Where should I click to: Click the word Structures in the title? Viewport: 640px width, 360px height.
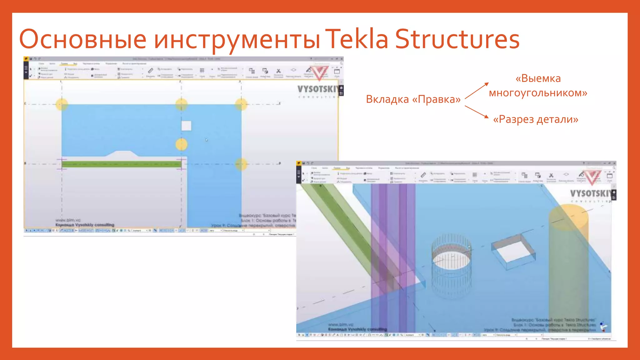pyautogui.click(x=457, y=39)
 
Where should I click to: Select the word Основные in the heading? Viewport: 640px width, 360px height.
pyautogui.click(x=83, y=40)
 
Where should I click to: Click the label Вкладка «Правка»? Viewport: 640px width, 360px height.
pyautogui.click(x=413, y=99)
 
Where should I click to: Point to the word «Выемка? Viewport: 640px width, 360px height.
pyautogui.click(x=538, y=78)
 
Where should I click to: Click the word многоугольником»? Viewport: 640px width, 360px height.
pyautogui.click(x=538, y=93)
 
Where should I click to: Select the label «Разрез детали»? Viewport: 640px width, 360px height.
pyautogui.click(x=536, y=119)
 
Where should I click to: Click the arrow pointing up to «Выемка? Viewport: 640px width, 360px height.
pyautogui.click(x=477, y=91)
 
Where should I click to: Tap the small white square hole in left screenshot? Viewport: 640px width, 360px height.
pyautogui.click(x=186, y=126)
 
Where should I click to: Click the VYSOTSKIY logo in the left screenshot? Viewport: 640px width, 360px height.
pyautogui.click(x=317, y=89)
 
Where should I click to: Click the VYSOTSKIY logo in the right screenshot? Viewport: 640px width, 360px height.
pyautogui.click(x=590, y=194)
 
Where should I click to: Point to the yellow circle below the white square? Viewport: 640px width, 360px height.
pyautogui.click(x=181, y=144)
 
